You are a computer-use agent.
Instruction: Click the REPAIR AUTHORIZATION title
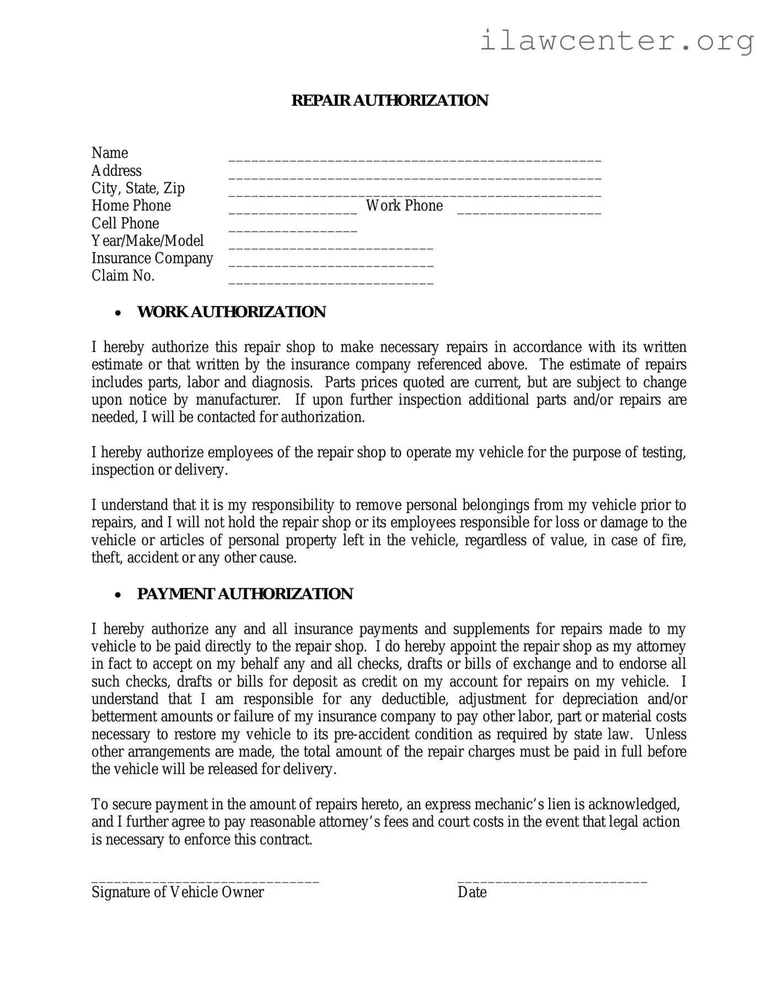[389, 100]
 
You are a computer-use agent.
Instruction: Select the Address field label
[116, 171]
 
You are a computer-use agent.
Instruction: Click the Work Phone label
[404, 206]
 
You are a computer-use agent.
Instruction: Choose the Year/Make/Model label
[147, 241]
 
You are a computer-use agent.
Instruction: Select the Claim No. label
[123, 276]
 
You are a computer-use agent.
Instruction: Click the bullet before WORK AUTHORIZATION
[117, 313]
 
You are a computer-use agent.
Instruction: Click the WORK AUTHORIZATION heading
[231, 312]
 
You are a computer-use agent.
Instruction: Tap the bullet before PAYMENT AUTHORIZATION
[117, 595]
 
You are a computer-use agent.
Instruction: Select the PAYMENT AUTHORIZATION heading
[244, 594]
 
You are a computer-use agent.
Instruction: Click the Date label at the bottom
[472, 892]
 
